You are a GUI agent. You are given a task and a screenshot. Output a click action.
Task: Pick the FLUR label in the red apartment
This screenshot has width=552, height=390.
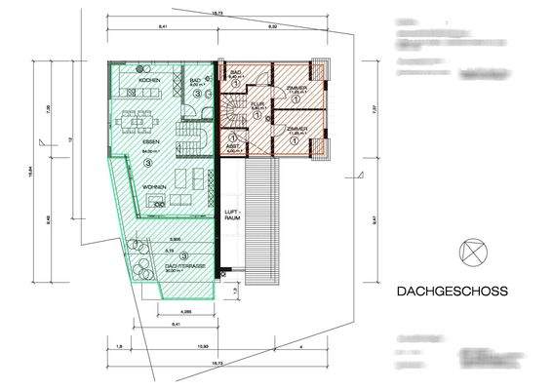(x=256, y=101)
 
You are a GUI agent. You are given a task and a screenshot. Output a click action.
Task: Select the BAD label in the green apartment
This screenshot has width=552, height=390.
(x=195, y=81)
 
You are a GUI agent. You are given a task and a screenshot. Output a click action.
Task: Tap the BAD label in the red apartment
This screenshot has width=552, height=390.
(x=235, y=71)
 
